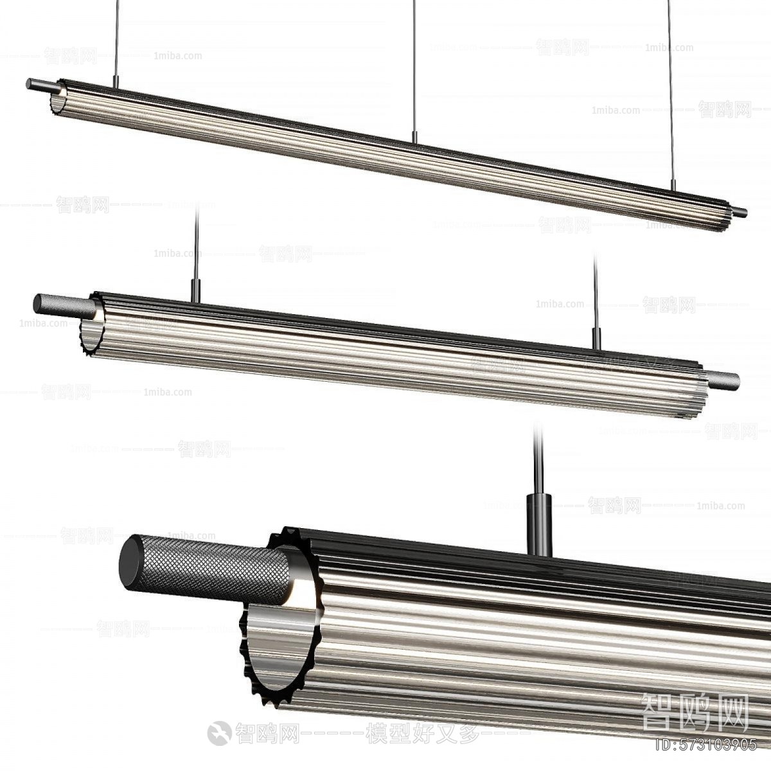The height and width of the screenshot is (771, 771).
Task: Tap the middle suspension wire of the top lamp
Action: pyautogui.click(x=414, y=64)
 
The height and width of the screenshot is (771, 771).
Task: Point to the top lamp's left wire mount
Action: pyautogui.click(x=116, y=81)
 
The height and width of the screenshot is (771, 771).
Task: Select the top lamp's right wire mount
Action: pyautogui.click(x=673, y=185)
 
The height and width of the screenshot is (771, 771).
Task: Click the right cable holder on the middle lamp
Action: pyautogui.click(x=596, y=339)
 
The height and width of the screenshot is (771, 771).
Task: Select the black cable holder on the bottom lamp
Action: pyautogui.click(x=539, y=524)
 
